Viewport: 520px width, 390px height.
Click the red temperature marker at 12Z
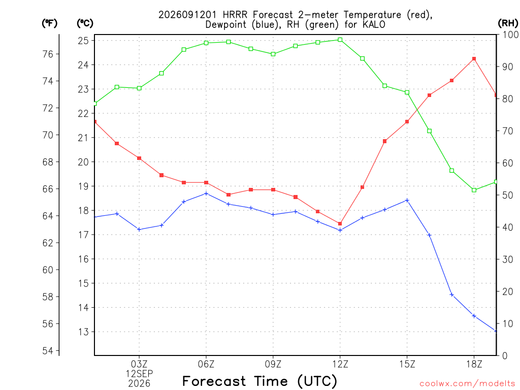pyautogui.click(x=340, y=224)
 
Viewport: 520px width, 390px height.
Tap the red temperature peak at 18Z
pyautogui.click(x=474, y=59)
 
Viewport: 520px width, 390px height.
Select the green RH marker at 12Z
pyautogui.click(x=340, y=40)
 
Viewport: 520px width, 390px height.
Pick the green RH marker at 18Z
pyautogui.click(x=474, y=190)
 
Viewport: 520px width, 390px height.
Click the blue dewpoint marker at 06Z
pyautogui.click(x=206, y=193)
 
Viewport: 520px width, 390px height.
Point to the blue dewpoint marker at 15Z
pyautogui.click(x=407, y=200)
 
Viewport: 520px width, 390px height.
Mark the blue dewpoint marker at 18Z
pyautogui.click(x=474, y=316)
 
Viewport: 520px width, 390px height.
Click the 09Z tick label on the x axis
pyautogui.click(x=273, y=364)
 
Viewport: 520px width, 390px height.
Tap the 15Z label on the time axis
pyautogui.click(x=407, y=364)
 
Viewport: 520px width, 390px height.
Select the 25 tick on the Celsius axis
pyautogui.click(x=83, y=41)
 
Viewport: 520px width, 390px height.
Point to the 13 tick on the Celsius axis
pyautogui.click(x=83, y=332)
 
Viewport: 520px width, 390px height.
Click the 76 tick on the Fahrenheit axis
pyautogui.click(x=48, y=54)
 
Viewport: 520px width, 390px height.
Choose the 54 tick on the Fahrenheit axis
pyautogui.click(x=48, y=350)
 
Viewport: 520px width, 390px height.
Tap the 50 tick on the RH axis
pyautogui.click(x=507, y=195)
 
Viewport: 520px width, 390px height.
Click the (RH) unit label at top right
pyautogui.click(x=508, y=23)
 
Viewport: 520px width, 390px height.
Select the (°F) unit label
pyautogui.click(x=49, y=23)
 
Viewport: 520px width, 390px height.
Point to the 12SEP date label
pyautogui.click(x=139, y=374)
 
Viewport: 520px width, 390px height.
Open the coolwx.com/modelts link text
pyautogui.click(x=467, y=383)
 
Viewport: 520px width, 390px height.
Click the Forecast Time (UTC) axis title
pyautogui.click(x=259, y=381)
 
